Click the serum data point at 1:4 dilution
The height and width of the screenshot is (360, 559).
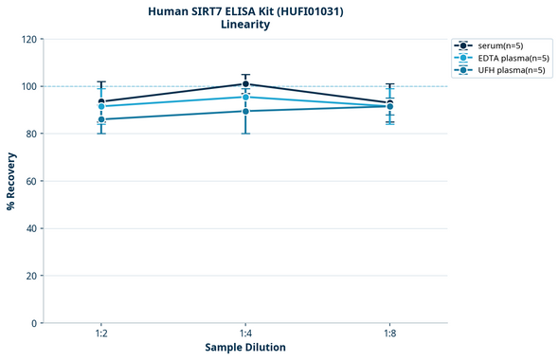click(x=245, y=84)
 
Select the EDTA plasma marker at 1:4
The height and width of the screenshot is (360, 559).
click(x=245, y=97)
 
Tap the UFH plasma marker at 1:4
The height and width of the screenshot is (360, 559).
click(x=245, y=111)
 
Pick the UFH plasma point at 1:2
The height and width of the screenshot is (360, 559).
click(x=101, y=119)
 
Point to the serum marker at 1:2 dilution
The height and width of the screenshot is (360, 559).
click(x=101, y=101)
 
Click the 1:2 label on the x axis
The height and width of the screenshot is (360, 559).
click(x=101, y=334)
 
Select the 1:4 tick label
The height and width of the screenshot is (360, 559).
click(x=245, y=334)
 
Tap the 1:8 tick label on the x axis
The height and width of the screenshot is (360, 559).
click(x=389, y=334)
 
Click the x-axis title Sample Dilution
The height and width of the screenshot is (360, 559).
click(x=245, y=348)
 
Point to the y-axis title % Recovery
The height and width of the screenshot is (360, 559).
click(x=11, y=180)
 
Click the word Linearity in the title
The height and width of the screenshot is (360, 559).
click(x=245, y=25)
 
